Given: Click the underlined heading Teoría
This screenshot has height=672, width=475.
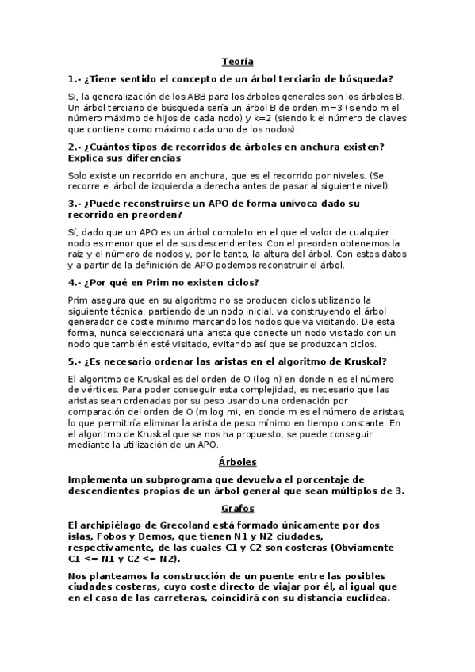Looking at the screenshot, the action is (237, 61).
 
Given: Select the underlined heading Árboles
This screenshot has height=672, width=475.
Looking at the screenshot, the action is (237, 462).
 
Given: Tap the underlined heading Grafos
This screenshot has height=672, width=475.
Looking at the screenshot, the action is (237, 508).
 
